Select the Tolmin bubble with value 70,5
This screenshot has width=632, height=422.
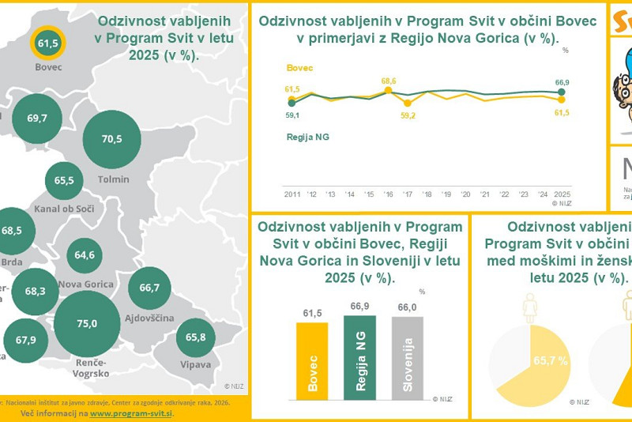(112, 139)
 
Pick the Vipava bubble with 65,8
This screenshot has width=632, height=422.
(196, 337)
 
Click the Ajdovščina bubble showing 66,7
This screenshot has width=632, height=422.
(149, 288)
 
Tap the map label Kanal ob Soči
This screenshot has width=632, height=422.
(66, 210)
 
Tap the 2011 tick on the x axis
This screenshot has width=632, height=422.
(292, 194)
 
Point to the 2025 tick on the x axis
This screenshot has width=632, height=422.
(562, 194)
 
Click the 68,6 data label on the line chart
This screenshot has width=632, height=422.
(388, 81)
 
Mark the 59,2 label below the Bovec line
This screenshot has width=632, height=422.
(408, 115)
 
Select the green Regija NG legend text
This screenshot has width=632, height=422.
(307, 137)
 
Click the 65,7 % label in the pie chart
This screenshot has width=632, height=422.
(551, 361)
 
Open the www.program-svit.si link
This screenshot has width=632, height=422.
(131, 413)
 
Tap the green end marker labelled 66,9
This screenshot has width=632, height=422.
(562, 92)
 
